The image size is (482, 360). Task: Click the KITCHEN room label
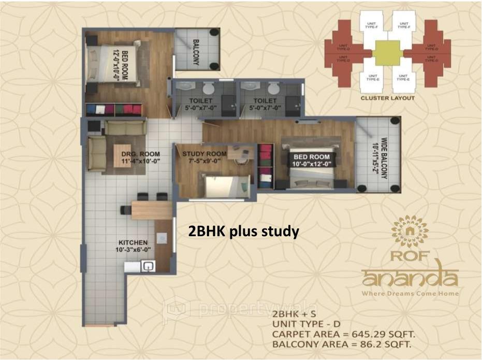click(133, 242)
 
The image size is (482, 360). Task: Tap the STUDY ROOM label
click(204, 154)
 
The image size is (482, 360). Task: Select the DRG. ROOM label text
click(140, 154)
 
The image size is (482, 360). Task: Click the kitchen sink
click(148, 267)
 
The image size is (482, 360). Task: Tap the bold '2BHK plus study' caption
click(243, 232)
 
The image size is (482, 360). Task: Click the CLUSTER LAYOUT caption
click(388, 98)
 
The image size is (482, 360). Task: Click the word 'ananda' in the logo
click(410, 277)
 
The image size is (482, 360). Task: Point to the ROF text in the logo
click(410, 255)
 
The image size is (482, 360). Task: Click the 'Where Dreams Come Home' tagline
click(410, 294)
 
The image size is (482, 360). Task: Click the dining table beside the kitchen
click(151, 210)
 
